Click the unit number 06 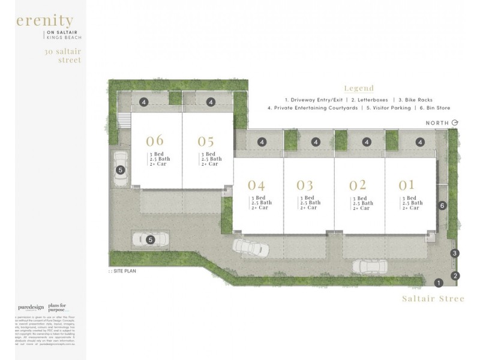tap(155, 141)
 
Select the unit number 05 tap(206, 141)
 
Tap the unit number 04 tap(256, 185)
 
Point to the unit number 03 tap(305, 185)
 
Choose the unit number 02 tap(358, 185)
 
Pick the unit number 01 tap(407, 185)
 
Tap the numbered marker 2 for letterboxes tap(455, 276)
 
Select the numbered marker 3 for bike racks tap(455, 254)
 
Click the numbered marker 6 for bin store tap(443, 206)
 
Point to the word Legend tap(359, 88)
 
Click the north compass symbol tap(455, 123)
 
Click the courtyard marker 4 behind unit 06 tap(145, 103)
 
